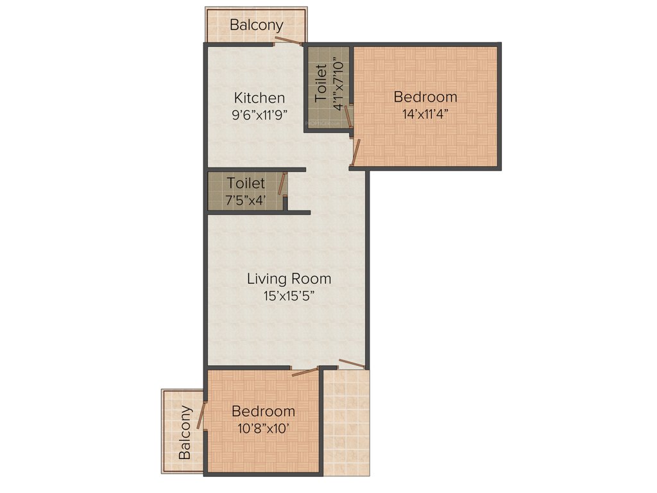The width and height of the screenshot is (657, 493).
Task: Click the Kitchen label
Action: coord(259,98)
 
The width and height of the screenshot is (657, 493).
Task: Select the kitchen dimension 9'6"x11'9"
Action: coord(259,115)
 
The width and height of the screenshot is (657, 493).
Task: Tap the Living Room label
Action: coord(289,279)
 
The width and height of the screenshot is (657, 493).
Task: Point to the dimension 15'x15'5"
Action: coord(289,296)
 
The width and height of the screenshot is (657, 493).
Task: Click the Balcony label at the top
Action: coord(257,26)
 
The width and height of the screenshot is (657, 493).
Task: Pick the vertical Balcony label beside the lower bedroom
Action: coord(185,432)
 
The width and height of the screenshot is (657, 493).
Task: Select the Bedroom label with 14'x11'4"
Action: coord(425,97)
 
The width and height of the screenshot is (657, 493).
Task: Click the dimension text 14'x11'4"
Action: coord(425,114)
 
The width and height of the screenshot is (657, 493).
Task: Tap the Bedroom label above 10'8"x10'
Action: coord(264,411)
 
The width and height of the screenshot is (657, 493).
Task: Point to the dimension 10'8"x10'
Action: coord(264,428)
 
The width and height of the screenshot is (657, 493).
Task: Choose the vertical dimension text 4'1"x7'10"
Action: coord(338,83)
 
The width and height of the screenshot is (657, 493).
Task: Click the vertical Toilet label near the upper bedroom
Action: coord(321,83)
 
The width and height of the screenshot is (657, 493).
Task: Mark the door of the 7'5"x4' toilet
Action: coord(281,184)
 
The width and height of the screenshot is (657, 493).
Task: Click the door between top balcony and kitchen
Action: coord(288,42)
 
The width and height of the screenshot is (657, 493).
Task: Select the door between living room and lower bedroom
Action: coord(305,371)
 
